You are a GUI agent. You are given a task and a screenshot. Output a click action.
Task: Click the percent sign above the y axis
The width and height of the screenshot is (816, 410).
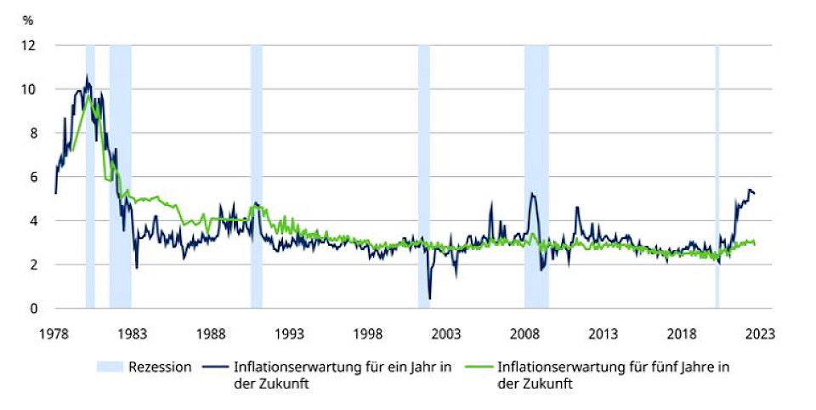27,19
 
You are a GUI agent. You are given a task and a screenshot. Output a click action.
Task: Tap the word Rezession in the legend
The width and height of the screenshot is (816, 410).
160,367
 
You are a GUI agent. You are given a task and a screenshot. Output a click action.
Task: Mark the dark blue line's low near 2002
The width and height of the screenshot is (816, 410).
429,299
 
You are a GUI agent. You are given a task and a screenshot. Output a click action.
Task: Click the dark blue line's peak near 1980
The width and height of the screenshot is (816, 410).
87,77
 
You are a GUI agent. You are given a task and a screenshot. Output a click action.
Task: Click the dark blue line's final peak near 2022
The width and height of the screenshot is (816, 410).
750,190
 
